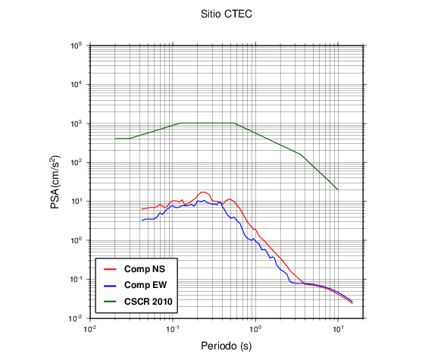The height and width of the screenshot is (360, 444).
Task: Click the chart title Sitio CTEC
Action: (227, 14)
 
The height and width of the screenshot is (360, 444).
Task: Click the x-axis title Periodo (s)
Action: (227, 346)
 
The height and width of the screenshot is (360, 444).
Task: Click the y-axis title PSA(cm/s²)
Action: (55, 182)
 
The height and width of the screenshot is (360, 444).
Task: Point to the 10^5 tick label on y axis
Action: (77, 45)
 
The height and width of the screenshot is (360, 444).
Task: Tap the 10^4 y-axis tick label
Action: (77, 84)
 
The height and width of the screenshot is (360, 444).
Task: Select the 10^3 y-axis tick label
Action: (77, 124)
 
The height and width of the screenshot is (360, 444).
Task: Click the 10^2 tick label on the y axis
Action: (77, 162)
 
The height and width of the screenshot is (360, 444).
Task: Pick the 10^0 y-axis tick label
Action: (77, 240)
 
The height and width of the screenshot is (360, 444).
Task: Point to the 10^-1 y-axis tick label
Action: (76, 279)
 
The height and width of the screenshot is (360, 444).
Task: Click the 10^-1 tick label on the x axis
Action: (173, 329)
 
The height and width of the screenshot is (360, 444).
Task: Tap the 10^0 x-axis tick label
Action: (255, 329)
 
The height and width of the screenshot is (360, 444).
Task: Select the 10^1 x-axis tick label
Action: (338, 329)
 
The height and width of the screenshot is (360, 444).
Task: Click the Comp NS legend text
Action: (145, 269)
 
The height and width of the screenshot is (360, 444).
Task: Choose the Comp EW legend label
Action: (145, 285)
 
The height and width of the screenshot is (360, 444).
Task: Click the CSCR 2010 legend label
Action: (148, 302)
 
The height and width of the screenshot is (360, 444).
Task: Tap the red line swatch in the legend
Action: (110, 269)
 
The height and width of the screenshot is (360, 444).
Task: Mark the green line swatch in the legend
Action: (110, 302)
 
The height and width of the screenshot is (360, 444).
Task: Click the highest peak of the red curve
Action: (203, 192)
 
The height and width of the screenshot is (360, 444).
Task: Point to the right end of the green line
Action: (338, 189)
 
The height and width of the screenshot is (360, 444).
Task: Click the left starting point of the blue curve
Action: (142, 221)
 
